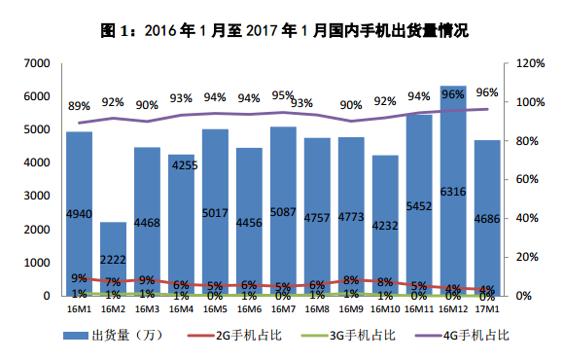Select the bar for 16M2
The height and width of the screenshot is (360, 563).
click(x=113, y=259)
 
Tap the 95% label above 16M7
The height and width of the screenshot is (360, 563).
click(x=283, y=95)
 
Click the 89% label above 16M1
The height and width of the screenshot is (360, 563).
click(x=79, y=105)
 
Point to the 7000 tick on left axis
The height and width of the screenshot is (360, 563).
click(x=37, y=63)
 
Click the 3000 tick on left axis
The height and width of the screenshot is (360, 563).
click(x=37, y=196)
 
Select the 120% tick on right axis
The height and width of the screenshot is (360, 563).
click(x=530, y=63)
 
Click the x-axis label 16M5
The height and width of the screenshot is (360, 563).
click(x=215, y=308)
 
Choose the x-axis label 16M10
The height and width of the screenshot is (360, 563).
click(x=385, y=308)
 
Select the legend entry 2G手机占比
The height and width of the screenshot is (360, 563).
click(x=254, y=335)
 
